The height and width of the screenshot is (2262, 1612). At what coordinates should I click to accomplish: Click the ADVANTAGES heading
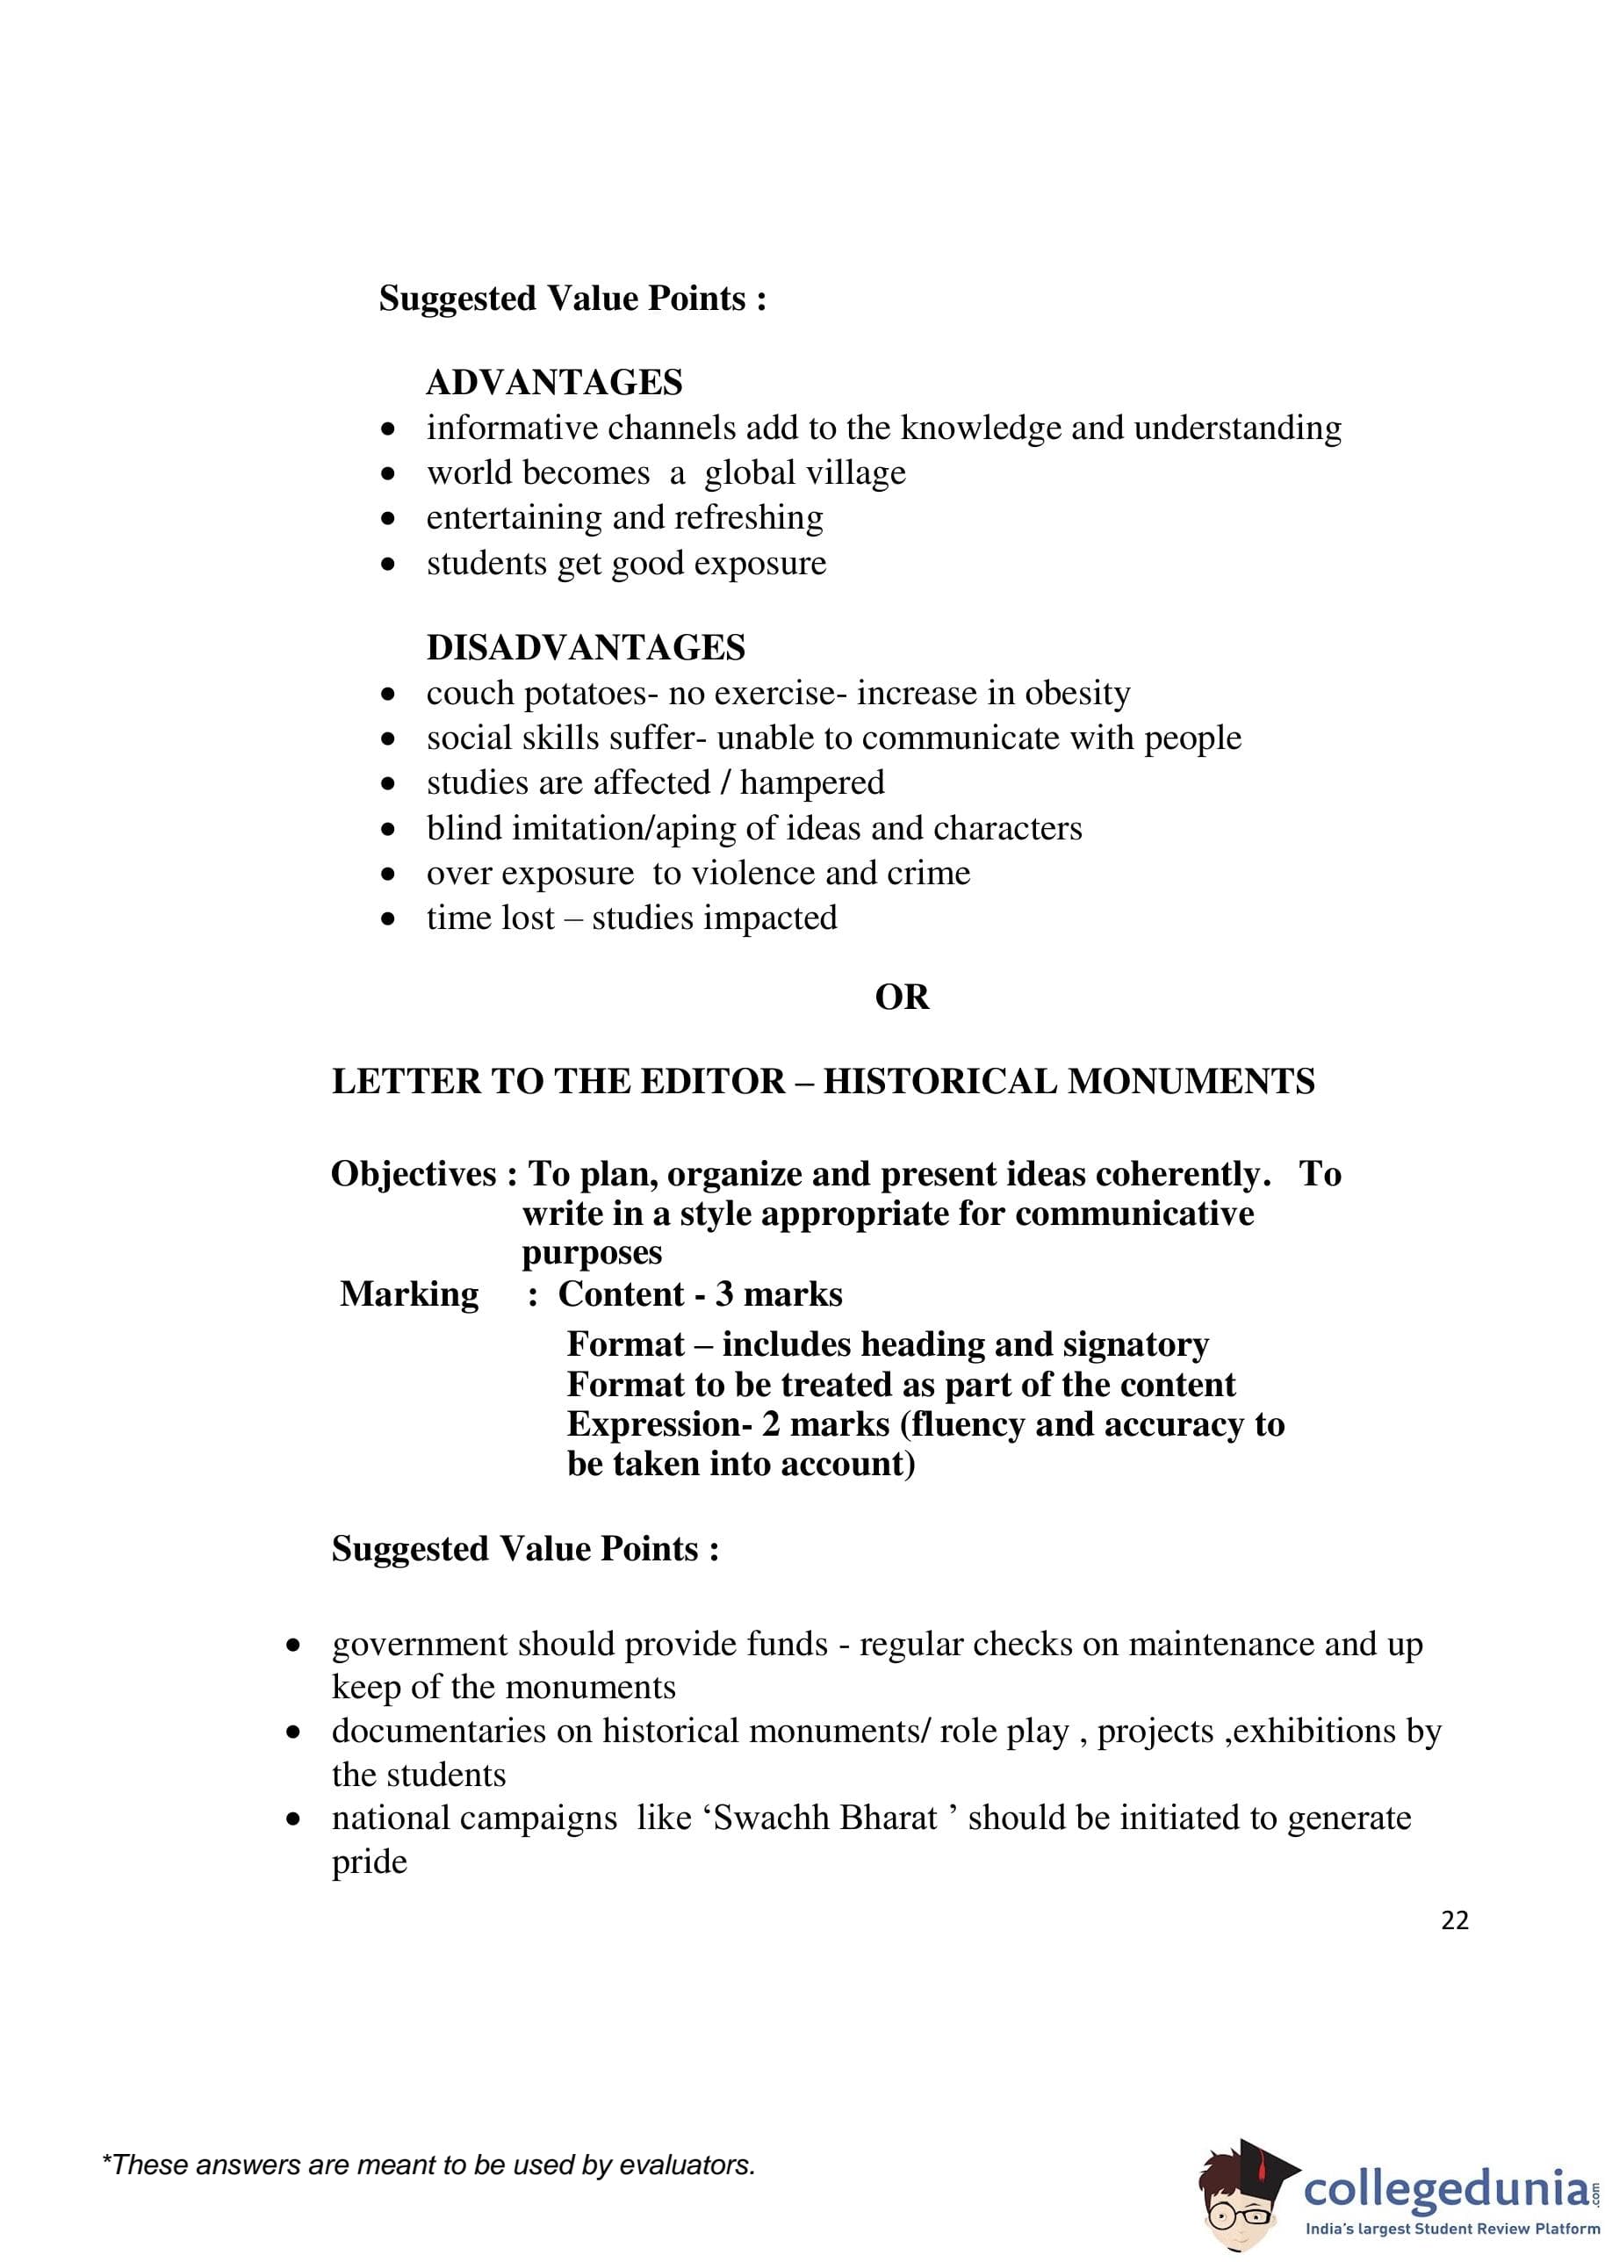pos(554,382)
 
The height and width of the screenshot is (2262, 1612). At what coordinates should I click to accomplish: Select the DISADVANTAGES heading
pos(586,647)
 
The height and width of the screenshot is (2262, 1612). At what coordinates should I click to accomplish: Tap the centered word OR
pos(902,997)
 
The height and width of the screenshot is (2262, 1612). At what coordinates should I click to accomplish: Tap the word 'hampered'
pos(812,783)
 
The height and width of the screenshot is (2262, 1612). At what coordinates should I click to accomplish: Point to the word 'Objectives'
pos(414,1174)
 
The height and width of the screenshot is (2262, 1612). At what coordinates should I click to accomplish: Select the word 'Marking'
pos(409,1294)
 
